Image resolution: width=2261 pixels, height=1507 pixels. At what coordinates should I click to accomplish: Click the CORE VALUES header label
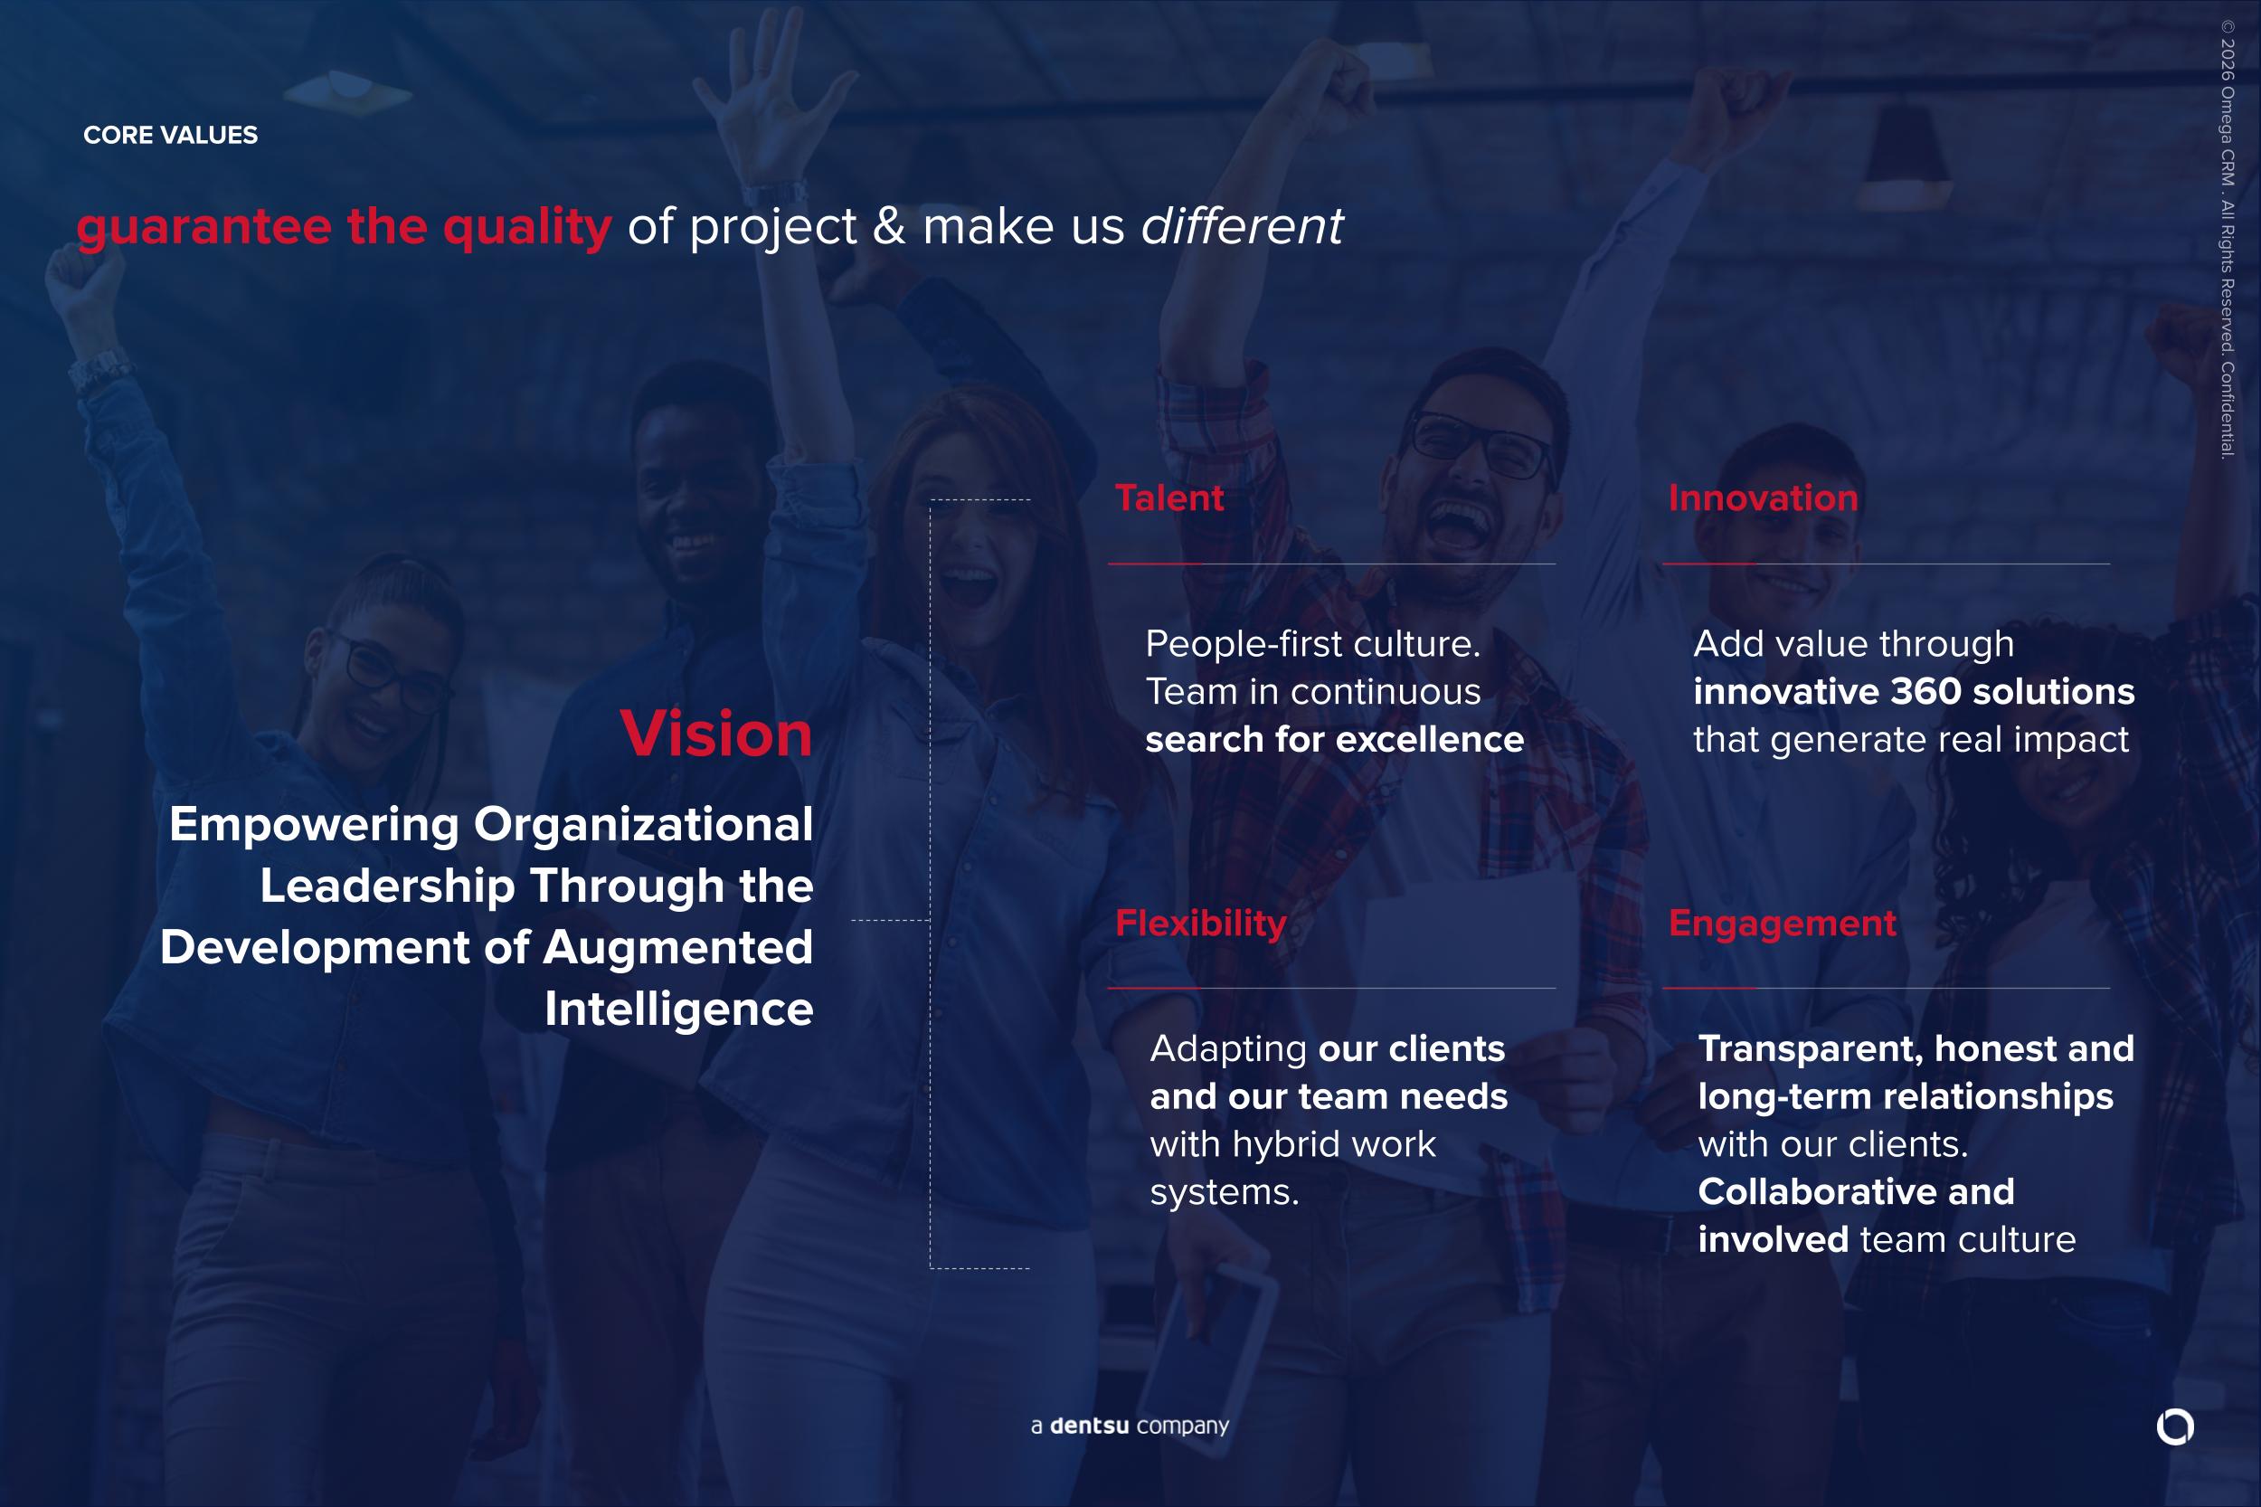[x=170, y=135]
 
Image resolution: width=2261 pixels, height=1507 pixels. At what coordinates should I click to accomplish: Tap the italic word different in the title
[x=1242, y=227]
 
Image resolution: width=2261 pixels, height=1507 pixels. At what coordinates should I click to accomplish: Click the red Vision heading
[x=716, y=734]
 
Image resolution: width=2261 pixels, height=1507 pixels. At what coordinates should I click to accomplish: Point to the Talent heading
[x=1168, y=498]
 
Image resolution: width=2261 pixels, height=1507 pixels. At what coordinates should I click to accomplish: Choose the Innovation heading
[x=1763, y=498]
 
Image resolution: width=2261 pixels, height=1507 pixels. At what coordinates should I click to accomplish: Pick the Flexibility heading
[x=1200, y=924]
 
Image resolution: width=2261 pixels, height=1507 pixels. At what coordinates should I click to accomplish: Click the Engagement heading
[x=1782, y=924]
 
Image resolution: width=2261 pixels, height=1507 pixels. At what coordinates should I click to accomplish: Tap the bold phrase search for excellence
[x=1334, y=739]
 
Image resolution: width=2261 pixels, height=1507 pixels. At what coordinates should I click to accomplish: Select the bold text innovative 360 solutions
[x=1913, y=691]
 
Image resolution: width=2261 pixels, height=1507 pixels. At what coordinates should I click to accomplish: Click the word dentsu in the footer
[x=1089, y=1426]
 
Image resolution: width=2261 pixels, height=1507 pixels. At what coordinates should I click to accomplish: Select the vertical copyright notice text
[x=2228, y=240]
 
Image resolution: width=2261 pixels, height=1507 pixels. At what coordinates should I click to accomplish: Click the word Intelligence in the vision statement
[x=678, y=1009]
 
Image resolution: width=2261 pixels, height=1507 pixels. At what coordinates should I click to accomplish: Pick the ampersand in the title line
[x=889, y=227]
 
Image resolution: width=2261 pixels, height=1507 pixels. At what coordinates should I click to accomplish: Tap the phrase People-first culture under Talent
[x=1312, y=644]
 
